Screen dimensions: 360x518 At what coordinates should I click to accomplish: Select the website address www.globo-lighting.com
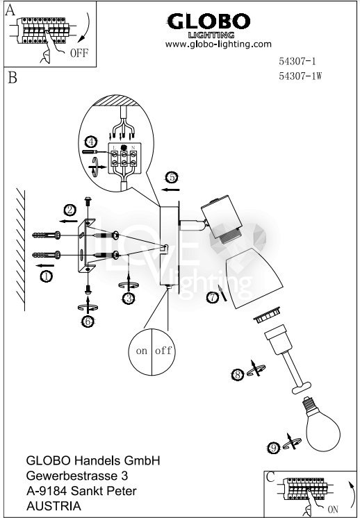pos(218,44)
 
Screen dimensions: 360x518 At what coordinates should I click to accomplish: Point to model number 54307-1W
pos(300,76)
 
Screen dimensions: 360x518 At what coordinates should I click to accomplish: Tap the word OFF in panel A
pos(79,53)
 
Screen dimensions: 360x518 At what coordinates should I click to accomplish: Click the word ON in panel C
pos(333,509)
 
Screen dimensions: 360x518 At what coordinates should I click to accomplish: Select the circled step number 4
pos(91,142)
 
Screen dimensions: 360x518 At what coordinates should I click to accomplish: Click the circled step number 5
pos(172,177)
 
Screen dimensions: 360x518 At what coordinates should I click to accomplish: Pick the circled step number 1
pos(47,276)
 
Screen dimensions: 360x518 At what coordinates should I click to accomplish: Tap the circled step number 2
pos(70,210)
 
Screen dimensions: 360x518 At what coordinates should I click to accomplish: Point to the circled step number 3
pos(129,299)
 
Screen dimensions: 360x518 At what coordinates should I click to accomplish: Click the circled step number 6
pos(88,321)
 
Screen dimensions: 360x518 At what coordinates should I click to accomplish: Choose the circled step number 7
pos(212,297)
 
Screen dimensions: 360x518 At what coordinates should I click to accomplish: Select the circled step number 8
pos(238,375)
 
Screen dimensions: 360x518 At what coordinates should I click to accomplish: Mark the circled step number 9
pos(273,449)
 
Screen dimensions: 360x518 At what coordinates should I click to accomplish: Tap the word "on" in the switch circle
pos(142,351)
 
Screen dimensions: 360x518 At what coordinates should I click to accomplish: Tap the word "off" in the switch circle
pos(163,350)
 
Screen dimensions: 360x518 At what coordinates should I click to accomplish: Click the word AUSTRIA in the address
pos(54,506)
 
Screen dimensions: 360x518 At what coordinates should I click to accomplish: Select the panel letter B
pos(12,78)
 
